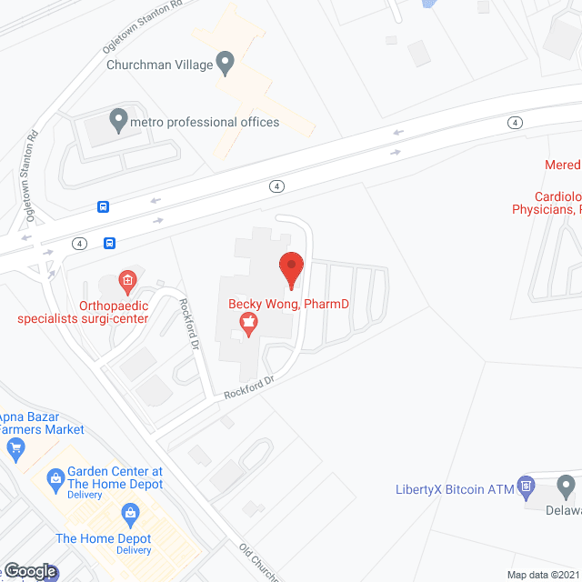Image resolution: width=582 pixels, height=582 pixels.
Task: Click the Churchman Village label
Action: click(158, 65)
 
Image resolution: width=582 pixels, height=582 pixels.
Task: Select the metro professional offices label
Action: click(205, 122)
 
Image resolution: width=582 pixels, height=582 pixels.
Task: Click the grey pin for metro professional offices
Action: click(117, 119)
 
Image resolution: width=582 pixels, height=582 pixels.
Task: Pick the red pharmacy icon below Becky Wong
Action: click(246, 321)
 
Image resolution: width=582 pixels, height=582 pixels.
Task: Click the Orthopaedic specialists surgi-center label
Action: click(83, 312)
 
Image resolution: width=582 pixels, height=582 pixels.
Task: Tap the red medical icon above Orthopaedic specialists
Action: click(128, 279)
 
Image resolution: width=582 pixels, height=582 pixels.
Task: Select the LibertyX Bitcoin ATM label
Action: click(455, 489)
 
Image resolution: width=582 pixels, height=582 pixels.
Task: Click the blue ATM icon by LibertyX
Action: click(526, 488)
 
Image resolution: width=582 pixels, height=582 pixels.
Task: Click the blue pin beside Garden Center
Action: click(56, 476)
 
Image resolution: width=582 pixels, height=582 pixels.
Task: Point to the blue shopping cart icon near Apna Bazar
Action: click(15, 447)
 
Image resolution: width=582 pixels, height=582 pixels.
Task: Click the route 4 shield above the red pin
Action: click(276, 186)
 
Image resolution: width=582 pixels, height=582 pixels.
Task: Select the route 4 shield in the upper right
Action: click(516, 122)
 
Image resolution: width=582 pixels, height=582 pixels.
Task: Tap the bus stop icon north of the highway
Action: click(103, 206)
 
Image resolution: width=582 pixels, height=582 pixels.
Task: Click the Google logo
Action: click(29, 571)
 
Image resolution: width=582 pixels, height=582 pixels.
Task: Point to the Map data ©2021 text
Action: click(543, 574)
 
